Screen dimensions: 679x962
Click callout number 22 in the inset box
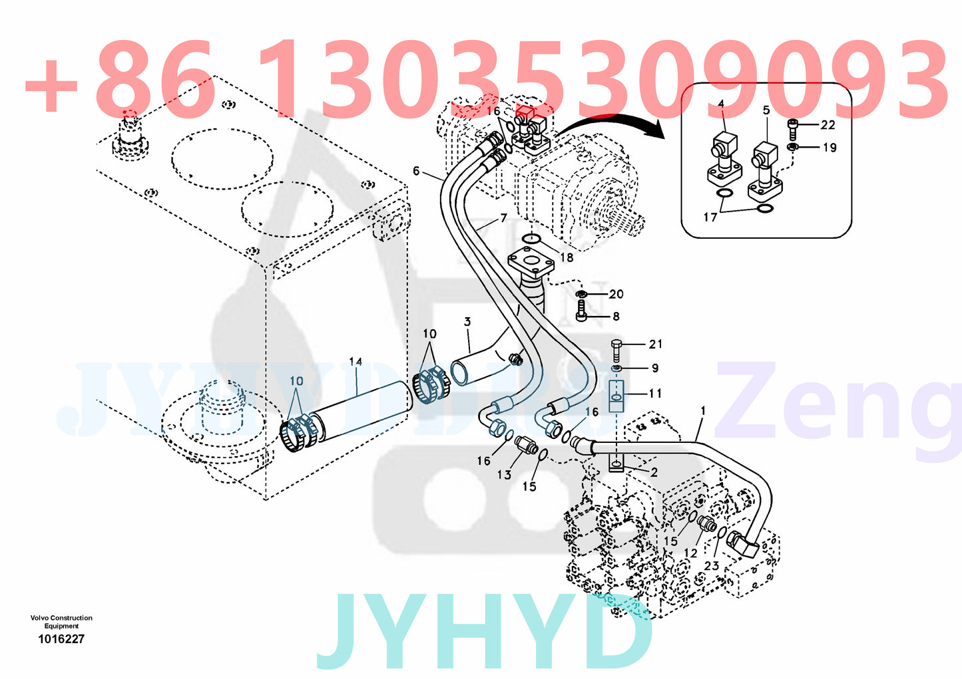pyautogui.click(x=828, y=125)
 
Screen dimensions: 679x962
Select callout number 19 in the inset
pyautogui.click(x=829, y=148)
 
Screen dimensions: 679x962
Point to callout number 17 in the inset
pyautogui.click(x=710, y=217)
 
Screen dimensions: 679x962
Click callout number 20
pyautogui.click(x=616, y=294)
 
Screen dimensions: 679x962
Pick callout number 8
pyautogui.click(x=616, y=317)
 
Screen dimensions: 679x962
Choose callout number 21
pyautogui.click(x=656, y=344)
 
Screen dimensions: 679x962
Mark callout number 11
pyautogui.click(x=656, y=393)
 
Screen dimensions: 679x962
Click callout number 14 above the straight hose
pyautogui.click(x=356, y=362)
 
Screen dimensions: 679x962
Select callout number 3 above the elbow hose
pyautogui.click(x=467, y=322)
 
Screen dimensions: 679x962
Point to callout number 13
pyautogui.click(x=504, y=474)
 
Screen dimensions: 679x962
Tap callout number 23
pyautogui.click(x=712, y=565)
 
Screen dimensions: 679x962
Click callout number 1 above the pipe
pyautogui.click(x=703, y=412)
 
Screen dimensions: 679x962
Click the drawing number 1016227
pyautogui.click(x=61, y=639)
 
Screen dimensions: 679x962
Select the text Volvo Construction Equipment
pyautogui.click(x=61, y=621)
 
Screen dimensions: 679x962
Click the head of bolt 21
pyautogui.click(x=616, y=344)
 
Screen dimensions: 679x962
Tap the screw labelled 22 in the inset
pyautogui.click(x=792, y=125)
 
